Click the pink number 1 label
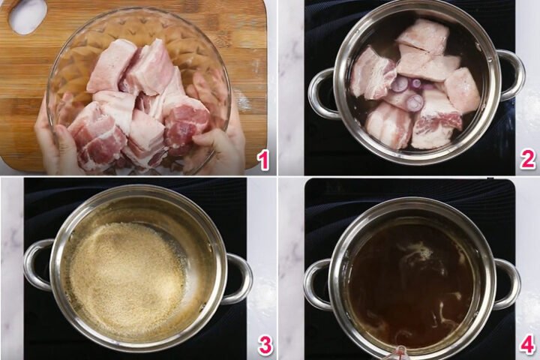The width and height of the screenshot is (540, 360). click(264, 160)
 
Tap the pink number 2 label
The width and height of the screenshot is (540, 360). click(528, 160)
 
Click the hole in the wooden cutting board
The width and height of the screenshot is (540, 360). click(28, 16)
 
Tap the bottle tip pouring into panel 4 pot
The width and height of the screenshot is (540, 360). click(400, 353)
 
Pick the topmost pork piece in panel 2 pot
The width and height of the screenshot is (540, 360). click(424, 36)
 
